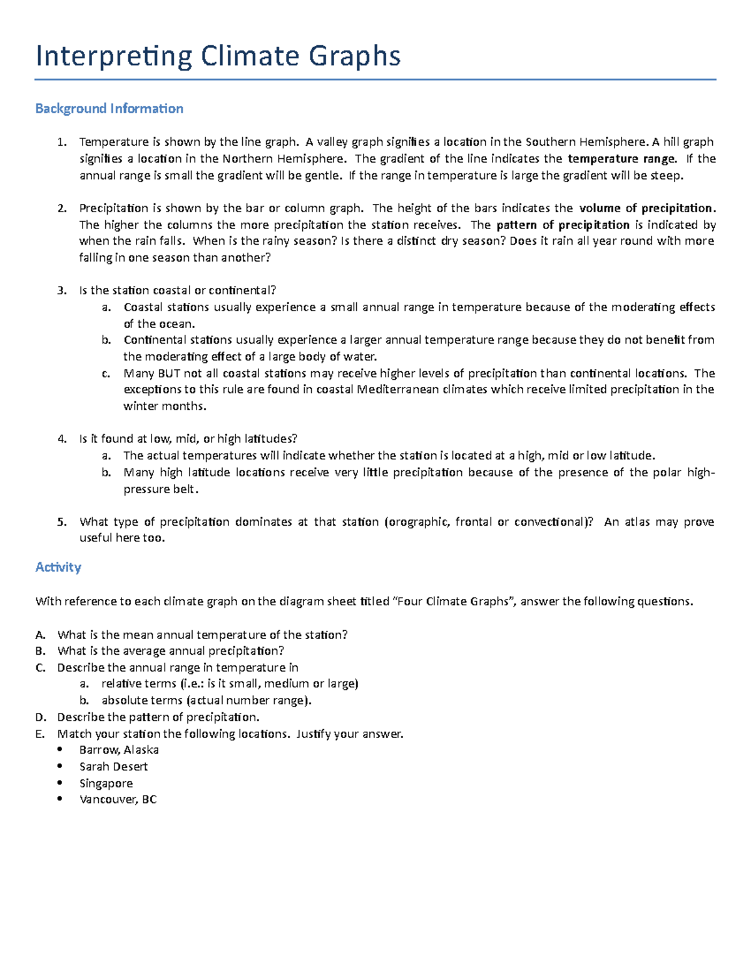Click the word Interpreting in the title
pos(114,56)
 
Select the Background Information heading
pos(109,109)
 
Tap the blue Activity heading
pos(58,567)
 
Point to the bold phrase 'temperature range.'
pos(622,159)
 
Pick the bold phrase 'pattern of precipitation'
pos(563,225)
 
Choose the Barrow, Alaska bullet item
pos(119,750)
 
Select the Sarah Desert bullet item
pos(113,767)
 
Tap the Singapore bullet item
pos(106,783)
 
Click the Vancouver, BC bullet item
pos(118,799)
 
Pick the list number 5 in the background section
pos(61,522)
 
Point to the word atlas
pos(637,522)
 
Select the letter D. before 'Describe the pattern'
pos(41,717)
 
